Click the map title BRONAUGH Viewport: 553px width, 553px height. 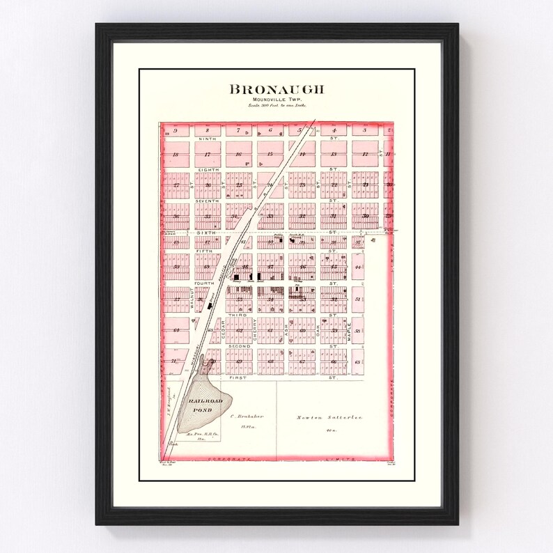[x=276, y=90]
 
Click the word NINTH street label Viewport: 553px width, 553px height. [x=207, y=139]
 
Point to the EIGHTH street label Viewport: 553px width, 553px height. [x=207, y=170]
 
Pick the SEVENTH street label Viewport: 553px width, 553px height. [x=207, y=201]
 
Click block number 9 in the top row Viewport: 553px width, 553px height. [x=176, y=130]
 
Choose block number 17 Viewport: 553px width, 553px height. [x=207, y=154]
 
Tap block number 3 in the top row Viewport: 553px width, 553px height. [x=364, y=130]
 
